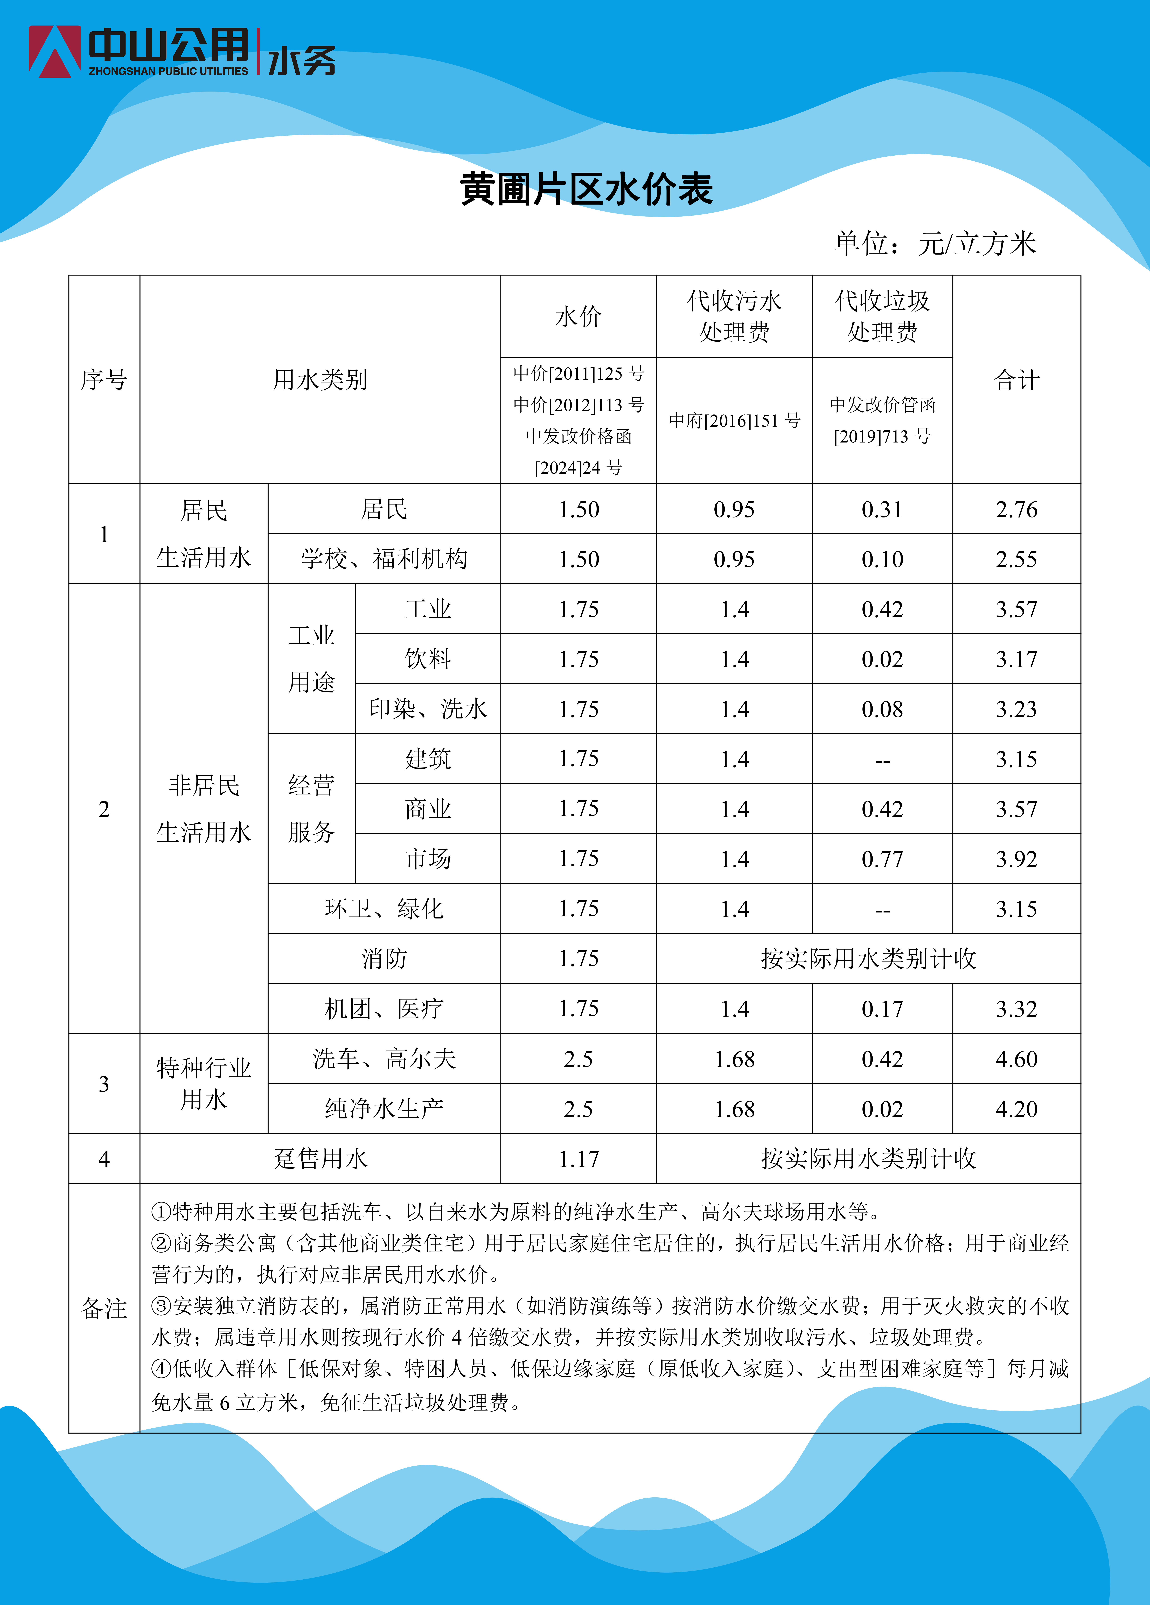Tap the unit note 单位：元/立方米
934,243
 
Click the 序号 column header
104,380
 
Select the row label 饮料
427,659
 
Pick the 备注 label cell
104,1308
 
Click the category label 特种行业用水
204,1083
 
